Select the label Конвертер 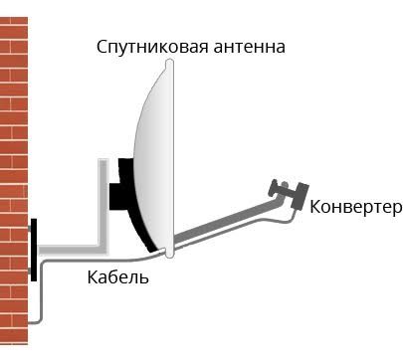click(x=354, y=207)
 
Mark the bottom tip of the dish click(x=170, y=256)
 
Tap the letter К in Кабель click(x=89, y=275)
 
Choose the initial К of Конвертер click(x=315, y=207)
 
